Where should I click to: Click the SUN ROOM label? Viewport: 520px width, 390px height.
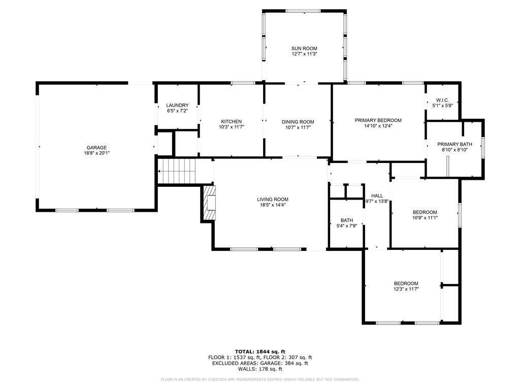(304, 48)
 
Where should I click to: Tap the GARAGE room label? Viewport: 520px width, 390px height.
(96, 148)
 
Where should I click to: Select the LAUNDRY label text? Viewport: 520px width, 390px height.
(177, 105)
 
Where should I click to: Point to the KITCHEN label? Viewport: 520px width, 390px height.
(231, 121)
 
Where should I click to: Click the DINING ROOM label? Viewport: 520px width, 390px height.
(298, 122)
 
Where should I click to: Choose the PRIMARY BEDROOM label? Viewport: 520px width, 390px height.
(378, 120)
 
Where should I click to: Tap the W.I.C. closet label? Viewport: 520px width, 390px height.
(442, 100)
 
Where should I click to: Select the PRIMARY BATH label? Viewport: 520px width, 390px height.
(454, 144)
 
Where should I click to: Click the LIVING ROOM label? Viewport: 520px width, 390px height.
(273, 199)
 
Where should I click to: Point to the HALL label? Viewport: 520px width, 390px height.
(377, 196)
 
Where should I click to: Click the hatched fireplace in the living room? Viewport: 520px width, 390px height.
(209, 203)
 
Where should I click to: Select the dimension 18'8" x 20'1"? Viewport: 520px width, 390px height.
(96, 153)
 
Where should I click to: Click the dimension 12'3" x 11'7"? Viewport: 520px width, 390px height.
(406, 289)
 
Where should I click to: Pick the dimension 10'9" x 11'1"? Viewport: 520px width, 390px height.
(425, 218)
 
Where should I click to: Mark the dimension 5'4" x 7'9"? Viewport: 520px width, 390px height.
(346, 226)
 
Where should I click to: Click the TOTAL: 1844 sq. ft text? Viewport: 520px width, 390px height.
(260, 351)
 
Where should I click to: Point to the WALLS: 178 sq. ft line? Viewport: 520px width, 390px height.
(260, 369)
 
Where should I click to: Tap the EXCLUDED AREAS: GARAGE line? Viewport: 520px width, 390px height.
(260, 363)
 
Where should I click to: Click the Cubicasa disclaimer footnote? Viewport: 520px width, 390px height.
(260, 379)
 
